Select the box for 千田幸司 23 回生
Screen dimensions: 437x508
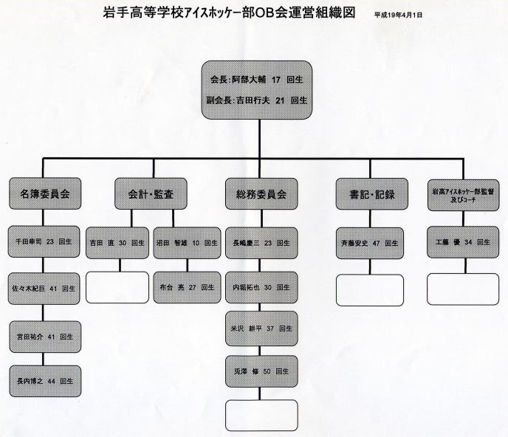(x=45, y=241)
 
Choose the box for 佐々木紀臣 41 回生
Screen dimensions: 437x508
(x=45, y=289)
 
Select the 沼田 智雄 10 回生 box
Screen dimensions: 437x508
(x=187, y=241)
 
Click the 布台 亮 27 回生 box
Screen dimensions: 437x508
(x=187, y=288)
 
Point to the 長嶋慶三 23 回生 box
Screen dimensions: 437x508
(x=261, y=241)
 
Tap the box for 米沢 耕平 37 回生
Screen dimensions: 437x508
(x=261, y=327)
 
